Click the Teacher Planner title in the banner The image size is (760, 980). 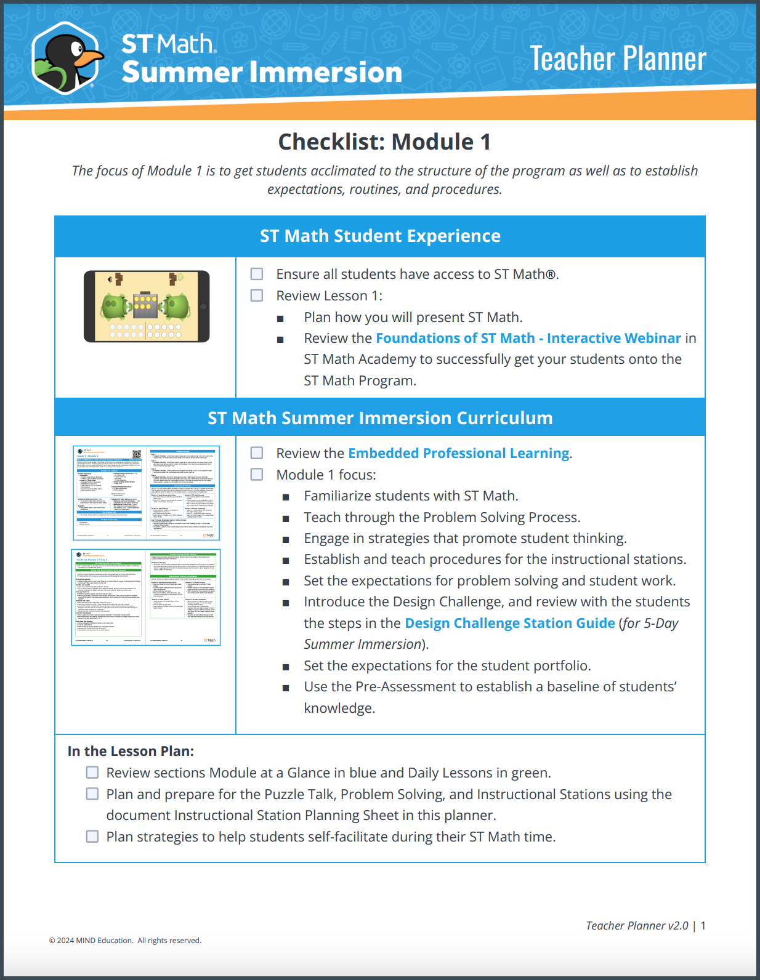(x=618, y=59)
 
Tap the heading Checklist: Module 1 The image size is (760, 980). (x=384, y=142)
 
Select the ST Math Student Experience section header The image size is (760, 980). (x=380, y=236)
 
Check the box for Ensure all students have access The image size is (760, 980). (x=257, y=274)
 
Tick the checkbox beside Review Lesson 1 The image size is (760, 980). (x=257, y=295)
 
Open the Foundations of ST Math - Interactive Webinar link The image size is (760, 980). (x=528, y=339)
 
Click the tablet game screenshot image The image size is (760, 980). (x=147, y=307)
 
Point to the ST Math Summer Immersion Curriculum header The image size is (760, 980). (x=380, y=418)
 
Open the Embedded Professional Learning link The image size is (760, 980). (x=458, y=454)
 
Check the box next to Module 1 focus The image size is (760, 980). (x=257, y=475)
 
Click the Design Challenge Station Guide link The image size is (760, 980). (x=509, y=624)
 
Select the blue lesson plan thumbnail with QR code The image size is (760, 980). (x=146, y=493)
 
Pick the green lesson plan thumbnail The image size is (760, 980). (x=146, y=597)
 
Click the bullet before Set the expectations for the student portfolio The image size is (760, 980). (x=286, y=667)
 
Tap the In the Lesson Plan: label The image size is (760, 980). (x=131, y=752)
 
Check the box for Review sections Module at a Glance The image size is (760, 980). (x=92, y=773)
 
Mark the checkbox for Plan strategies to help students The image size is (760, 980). (x=92, y=837)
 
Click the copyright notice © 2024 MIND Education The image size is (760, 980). (x=125, y=941)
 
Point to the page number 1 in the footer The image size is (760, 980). (x=703, y=926)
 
